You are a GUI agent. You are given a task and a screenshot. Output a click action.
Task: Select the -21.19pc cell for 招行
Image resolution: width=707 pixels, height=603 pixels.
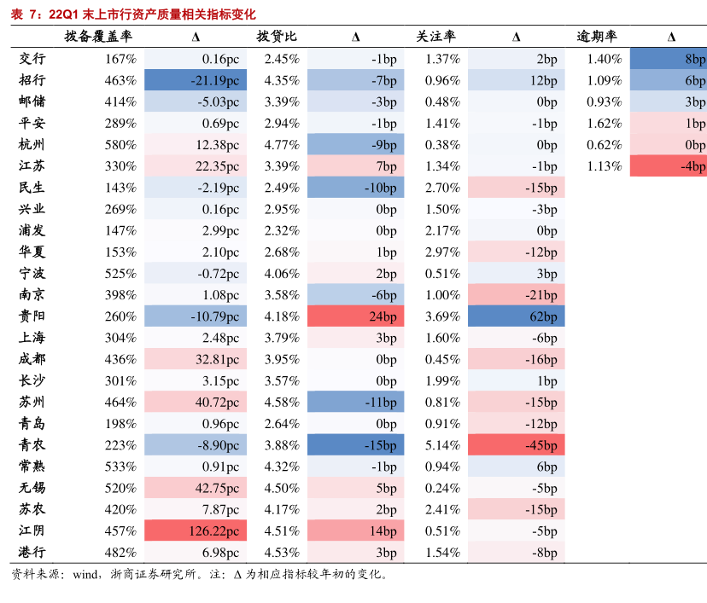pos(196,80)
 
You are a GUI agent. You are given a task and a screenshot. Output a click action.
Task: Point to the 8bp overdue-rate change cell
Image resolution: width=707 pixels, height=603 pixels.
pos(669,59)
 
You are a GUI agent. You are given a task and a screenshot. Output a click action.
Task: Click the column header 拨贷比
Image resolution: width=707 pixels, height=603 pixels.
pos(277,37)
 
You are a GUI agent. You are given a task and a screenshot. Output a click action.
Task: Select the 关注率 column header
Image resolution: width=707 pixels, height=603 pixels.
pos(435,37)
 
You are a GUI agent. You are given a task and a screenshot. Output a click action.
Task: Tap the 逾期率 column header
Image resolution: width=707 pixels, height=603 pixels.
pos(597,37)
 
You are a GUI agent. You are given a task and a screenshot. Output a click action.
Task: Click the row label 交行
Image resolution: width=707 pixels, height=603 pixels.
pos(32,59)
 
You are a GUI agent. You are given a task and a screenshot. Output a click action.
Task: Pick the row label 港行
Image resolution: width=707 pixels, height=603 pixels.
pos(32,553)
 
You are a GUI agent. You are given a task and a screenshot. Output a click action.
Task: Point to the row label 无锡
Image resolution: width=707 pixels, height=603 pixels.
pos(32,488)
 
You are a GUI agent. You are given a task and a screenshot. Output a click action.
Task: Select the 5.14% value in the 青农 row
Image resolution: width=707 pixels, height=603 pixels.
pos(442,445)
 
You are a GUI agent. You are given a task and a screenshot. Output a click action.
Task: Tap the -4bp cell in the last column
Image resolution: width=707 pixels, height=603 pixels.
pos(669,166)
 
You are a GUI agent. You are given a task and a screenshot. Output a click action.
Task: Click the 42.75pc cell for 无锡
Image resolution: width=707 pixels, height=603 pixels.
pos(196,488)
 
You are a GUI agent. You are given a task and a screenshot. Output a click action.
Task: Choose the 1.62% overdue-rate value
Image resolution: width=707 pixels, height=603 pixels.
pos(604,123)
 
